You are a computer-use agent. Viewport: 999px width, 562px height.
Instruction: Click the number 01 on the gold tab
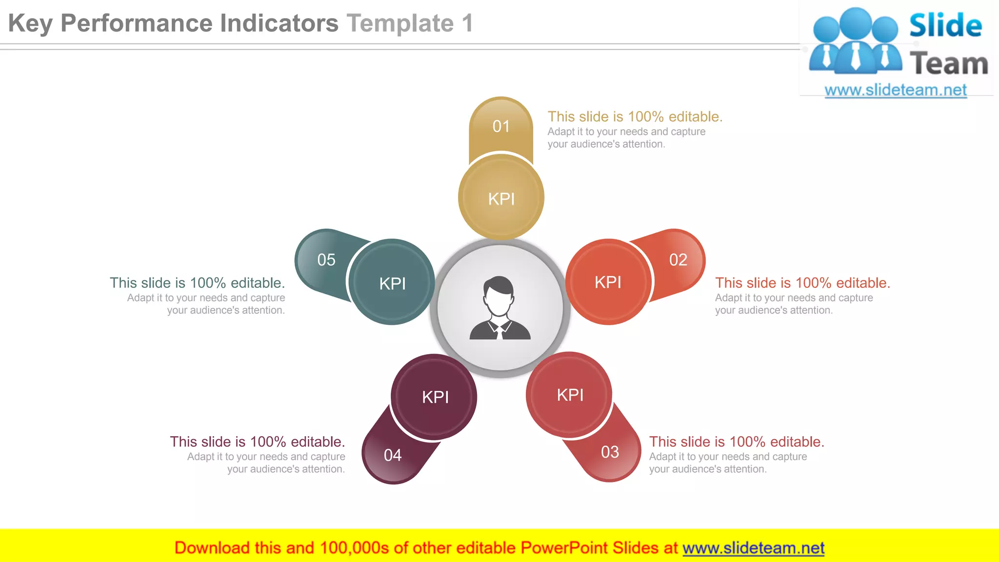pos(501,126)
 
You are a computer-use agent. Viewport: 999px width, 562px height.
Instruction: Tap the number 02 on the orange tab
pos(678,260)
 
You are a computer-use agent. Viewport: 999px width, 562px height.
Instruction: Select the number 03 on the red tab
pos(610,452)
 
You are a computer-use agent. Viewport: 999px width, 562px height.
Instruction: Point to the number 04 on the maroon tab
pos(393,455)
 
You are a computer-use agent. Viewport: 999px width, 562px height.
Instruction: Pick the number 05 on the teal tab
pos(326,260)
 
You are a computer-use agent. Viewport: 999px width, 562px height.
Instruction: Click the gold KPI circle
pos(501,199)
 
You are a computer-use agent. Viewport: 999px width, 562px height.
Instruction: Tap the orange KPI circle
pos(608,282)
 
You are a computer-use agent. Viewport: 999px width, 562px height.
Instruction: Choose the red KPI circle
pos(570,395)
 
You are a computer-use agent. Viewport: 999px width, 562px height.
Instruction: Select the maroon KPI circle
pos(435,397)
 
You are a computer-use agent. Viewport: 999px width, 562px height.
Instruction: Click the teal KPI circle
pos(393,283)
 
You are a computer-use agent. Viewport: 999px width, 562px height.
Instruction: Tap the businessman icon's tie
pos(499,332)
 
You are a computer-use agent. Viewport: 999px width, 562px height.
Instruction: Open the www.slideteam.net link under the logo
pos(896,90)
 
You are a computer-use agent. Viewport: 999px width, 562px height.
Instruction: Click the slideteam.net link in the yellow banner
pos(753,548)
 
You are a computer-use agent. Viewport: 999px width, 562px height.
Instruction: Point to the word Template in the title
pos(400,23)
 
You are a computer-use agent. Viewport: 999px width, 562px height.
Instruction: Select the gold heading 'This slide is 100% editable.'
pos(635,117)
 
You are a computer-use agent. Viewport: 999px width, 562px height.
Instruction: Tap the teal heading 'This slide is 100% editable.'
pos(197,283)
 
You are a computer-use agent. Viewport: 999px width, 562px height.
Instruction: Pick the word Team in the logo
pos(949,64)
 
